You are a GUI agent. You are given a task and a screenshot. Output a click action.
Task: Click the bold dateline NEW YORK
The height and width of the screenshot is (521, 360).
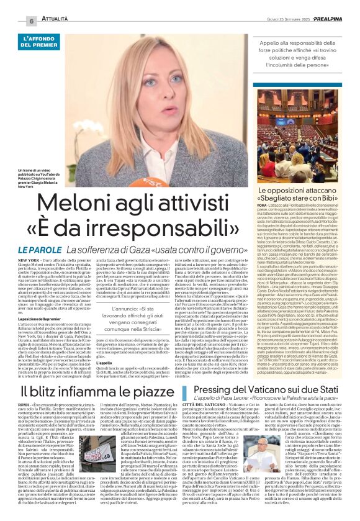[30, 261]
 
